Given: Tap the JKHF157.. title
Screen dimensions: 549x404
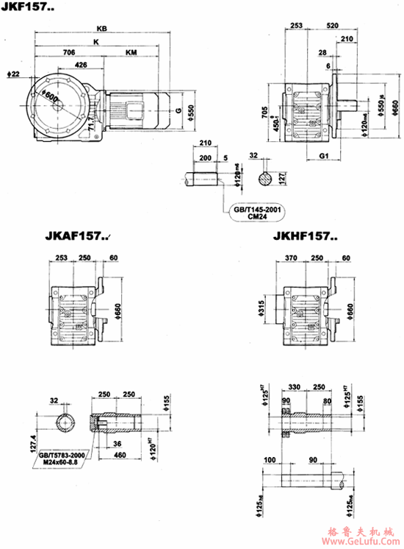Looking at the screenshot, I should click(x=304, y=237).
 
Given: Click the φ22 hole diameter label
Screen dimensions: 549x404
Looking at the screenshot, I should click(x=12, y=74).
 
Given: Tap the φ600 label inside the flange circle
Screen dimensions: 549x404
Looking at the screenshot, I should click(x=49, y=97).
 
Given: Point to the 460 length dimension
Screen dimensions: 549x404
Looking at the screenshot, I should click(x=118, y=456).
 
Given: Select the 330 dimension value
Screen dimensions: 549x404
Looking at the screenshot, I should click(x=297, y=386).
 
